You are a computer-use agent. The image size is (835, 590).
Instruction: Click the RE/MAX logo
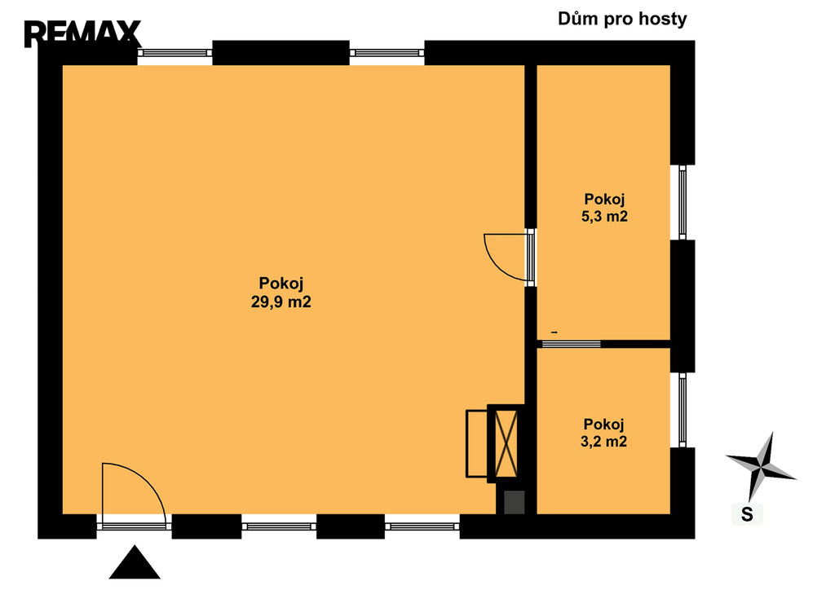(x=82, y=33)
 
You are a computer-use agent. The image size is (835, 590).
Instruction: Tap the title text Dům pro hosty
(x=622, y=20)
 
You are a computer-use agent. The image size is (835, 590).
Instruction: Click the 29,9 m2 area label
(x=281, y=302)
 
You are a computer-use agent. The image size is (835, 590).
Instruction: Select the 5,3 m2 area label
(x=604, y=217)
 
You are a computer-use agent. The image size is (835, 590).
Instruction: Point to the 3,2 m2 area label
(x=604, y=442)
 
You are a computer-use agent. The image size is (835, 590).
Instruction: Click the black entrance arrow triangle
(x=135, y=561)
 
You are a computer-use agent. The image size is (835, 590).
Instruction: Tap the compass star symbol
(x=761, y=467)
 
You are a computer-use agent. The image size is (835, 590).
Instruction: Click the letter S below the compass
(x=747, y=514)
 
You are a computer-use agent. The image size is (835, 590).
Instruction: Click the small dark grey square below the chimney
(x=515, y=503)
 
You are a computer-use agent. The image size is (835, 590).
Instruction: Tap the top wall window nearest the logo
(x=175, y=53)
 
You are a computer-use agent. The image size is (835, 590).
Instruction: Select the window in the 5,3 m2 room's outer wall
(x=683, y=202)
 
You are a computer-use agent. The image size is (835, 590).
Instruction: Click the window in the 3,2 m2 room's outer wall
(x=683, y=410)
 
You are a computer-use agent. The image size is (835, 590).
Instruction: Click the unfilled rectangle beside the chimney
(x=476, y=443)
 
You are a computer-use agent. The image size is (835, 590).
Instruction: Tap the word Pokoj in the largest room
(x=281, y=284)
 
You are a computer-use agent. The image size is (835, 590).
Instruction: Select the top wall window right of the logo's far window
(x=387, y=53)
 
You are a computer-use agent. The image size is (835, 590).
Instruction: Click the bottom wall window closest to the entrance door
(x=279, y=526)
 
